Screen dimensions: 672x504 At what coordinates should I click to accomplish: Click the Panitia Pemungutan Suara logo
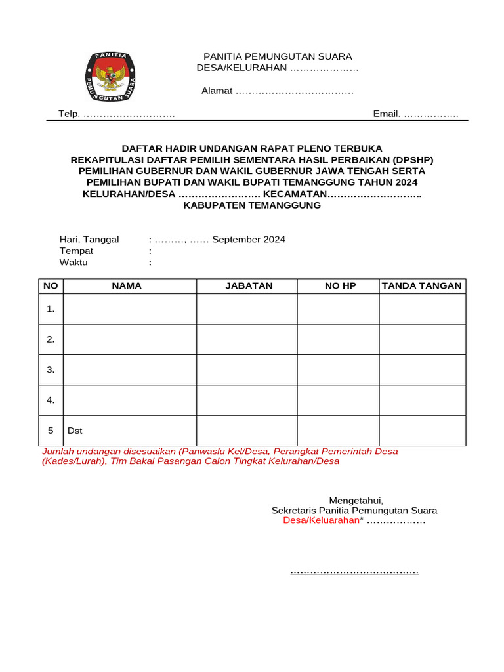[110, 77]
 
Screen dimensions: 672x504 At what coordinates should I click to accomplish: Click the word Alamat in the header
[217, 91]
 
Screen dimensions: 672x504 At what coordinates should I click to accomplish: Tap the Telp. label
[69, 114]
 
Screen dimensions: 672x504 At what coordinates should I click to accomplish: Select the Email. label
[387, 114]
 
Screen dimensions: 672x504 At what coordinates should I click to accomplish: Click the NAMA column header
[127, 285]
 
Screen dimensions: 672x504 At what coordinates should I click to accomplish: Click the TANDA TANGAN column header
[421, 285]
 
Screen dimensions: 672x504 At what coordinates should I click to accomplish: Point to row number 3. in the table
[51, 369]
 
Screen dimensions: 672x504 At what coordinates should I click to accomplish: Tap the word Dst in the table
[75, 430]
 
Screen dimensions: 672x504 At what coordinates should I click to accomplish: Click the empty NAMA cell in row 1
[129, 308]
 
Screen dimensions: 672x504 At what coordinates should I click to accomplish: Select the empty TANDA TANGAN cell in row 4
[422, 400]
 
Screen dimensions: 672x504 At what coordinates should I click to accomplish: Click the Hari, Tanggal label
[89, 239]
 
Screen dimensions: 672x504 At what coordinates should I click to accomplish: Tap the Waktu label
[73, 262]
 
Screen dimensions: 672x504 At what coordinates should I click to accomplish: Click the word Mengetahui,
[356, 500]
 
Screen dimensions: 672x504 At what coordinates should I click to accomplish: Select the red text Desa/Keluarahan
[321, 520]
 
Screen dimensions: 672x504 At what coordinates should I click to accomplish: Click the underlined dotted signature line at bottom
[354, 571]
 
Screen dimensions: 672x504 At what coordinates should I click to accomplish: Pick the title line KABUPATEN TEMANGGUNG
[252, 205]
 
